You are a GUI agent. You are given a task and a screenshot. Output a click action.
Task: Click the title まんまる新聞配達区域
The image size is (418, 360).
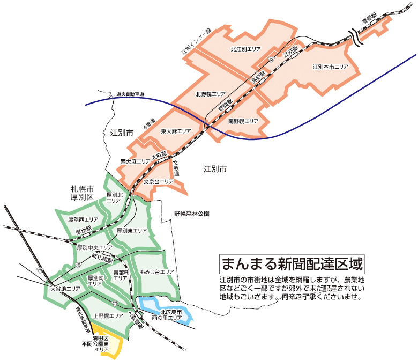click(292, 264)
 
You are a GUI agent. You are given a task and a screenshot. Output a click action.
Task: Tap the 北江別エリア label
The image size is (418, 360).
click(245, 49)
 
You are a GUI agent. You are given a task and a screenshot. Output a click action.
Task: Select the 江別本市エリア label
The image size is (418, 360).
click(330, 67)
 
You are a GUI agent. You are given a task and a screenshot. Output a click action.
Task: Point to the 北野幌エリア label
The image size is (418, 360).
click(210, 93)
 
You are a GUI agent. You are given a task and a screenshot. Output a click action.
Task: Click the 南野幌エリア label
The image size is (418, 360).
click(243, 121)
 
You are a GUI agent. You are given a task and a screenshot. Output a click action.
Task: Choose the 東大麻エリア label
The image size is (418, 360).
click(176, 131)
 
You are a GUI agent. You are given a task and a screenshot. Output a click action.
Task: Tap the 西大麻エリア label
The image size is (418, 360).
click(135, 161)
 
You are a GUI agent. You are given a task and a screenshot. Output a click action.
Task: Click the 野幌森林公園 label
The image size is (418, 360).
click(191, 214)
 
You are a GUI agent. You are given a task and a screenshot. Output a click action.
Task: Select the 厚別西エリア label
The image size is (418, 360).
click(83, 220)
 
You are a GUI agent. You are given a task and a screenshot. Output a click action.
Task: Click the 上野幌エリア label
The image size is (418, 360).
click(108, 315)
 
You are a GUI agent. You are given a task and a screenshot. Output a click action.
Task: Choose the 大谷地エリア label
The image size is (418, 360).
click(65, 289)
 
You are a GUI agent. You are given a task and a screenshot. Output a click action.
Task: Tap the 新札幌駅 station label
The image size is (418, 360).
click(102, 259)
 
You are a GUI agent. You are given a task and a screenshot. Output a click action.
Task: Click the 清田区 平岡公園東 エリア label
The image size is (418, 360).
click(101, 344)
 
